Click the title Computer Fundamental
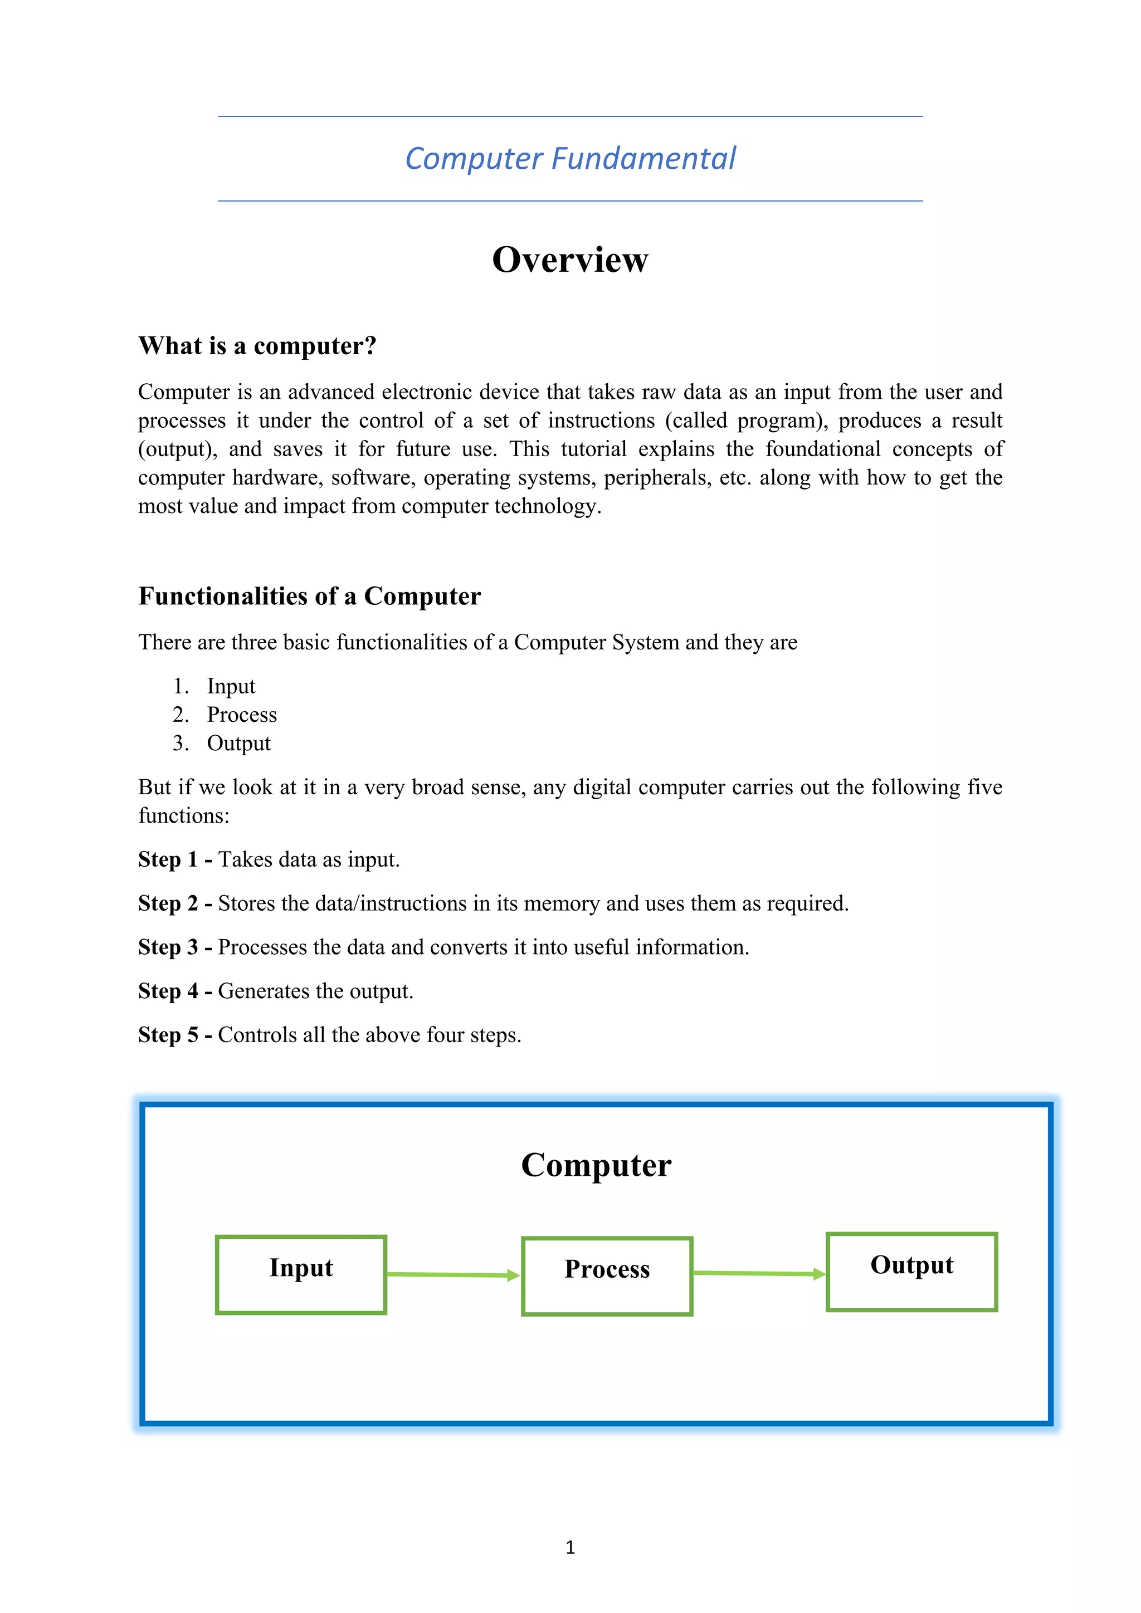(x=570, y=159)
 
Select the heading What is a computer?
(x=257, y=346)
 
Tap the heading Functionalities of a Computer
(x=309, y=596)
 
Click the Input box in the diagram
(x=301, y=1274)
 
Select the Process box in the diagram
(x=607, y=1276)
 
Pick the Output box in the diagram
(x=911, y=1272)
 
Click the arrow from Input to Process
(x=453, y=1274)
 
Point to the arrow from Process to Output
(x=759, y=1273)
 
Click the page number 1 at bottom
(x=570, y=1547)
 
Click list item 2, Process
(x=242, y=715)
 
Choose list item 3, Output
(x=238, y=743)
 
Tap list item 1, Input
(x=231, y=686)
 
